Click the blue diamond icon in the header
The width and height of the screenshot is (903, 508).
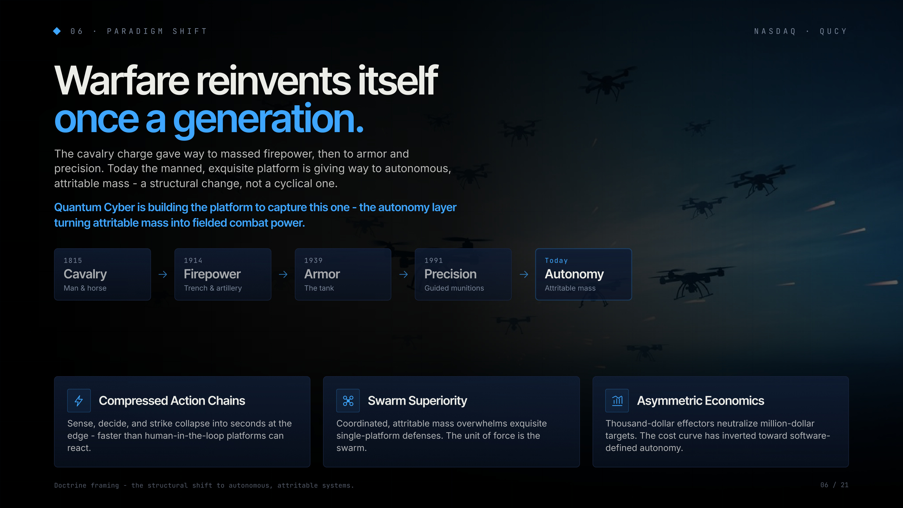pyautogui.click(x=57, y=31)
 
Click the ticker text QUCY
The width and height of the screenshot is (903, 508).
pyautogui.click(x=833, y=31)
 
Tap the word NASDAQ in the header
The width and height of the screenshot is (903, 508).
pyautogui.click(x=775, y=31)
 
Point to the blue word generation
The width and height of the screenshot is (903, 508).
pyautogui.click(x=268, y=120)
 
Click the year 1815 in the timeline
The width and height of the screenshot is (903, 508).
pyautogui.click(x=73, y=261)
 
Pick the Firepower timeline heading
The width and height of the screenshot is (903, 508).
pyautogui.click(x=212, y=274)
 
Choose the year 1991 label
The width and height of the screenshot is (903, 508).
pyautogui.click(x=434, y=261)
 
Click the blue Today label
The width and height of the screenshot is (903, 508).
pyautogui.click(x=556, y=261)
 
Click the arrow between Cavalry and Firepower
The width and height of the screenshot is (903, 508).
pyautogui.click(x=163, y=274)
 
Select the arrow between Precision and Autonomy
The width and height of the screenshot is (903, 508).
pyautogui.click(x=524, y=274)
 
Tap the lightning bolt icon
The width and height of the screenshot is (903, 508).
pyautogui.click(x=79, y=400)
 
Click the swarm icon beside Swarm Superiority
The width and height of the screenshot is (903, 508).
pyautogui.click(x=348, y=400)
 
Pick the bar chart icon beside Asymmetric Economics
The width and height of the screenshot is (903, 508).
pyautogui.click(x=617, y=400)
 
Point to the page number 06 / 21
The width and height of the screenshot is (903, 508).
pyautogui.click(x=834, y=485)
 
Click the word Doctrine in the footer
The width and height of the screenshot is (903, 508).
pyautogui.click(x=70, y=485)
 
